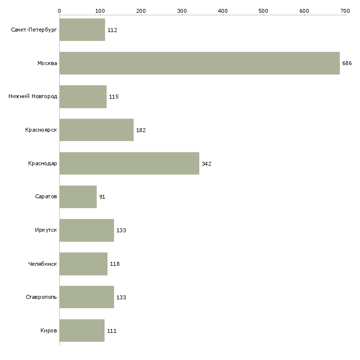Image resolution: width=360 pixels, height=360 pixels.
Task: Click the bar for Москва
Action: pyautogui.click(x=199, y=63)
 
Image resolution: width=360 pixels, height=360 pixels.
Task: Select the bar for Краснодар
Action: pyautogui.click(x=129, y=163)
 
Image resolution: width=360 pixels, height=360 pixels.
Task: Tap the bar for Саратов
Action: pyautogui.click(x=78, y=197)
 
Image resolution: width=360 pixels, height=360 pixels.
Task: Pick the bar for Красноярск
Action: pyautogui.click(x=96, y=130)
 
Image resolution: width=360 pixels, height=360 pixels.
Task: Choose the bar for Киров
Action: pyautogui.click(x=82, y=330)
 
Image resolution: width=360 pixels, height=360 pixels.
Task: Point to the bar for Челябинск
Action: pyautogui.click(x=83, y=264)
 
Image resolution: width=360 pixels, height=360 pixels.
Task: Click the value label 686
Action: pyautogui.click(x=347, y=63)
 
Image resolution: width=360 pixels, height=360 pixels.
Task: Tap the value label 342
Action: pyautogui.click(x=206, y=164)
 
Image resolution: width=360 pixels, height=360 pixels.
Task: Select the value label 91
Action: pyautogui.click(x=102, y=197)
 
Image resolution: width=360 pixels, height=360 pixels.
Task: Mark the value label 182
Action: pyautogui.click(x=141, y=130)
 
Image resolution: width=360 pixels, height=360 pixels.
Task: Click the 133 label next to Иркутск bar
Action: pyautogui.click(x=121, y=230)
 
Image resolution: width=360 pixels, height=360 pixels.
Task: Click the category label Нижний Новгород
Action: pyautogui.click(x=33, y=97)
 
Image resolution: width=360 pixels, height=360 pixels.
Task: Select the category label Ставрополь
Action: pyautogui.click(x=41, y=297)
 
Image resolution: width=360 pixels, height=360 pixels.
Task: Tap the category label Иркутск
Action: pyautogui.click(x=46, y=230)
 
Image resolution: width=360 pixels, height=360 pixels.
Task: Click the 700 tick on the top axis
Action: pyautogui.click(x=345, y=10)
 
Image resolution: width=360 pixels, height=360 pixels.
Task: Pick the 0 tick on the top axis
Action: pyautogui.click(x=59, y=10)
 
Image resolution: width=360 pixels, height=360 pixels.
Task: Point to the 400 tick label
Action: pyautogui.click(x=222, y=10)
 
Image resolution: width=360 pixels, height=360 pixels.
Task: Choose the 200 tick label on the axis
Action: pyautogui.click(x=141, y=10)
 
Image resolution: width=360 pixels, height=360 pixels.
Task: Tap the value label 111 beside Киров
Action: pyautogui.click(x=111, y=331)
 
